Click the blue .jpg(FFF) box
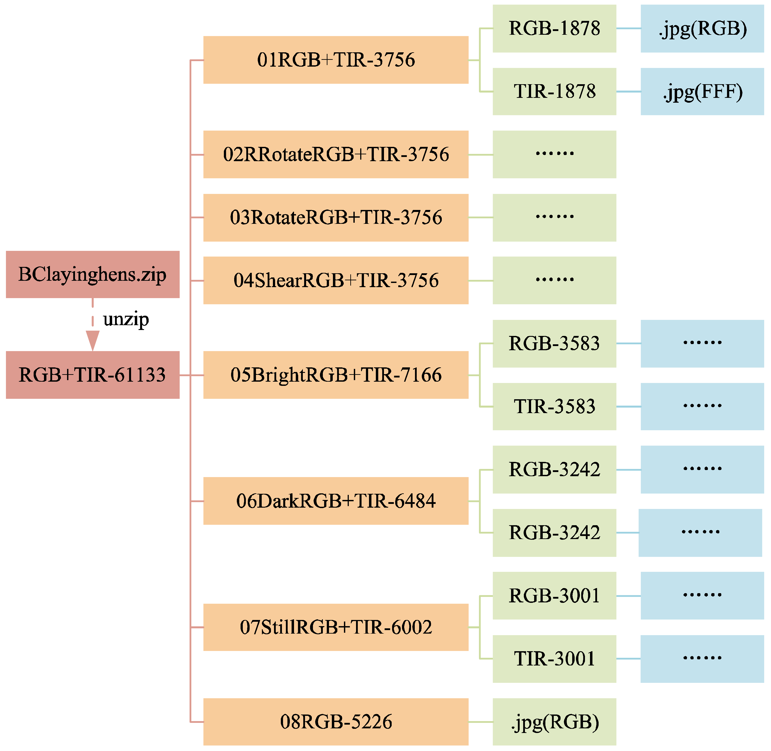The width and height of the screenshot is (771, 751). (x=702, y=91)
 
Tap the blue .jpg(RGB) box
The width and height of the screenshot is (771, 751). (x=702, y=28)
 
